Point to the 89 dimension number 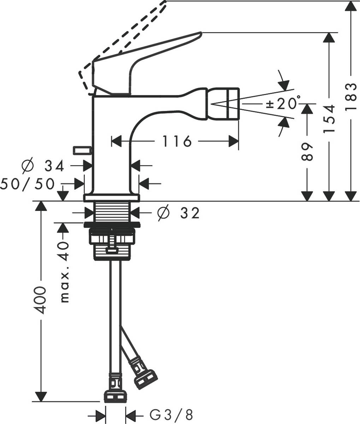(307, 152)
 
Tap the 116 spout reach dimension (177, 141)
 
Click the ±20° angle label (282, 104)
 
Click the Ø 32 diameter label (179, 213)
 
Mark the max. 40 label (64, 272)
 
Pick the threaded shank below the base (112, 212)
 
